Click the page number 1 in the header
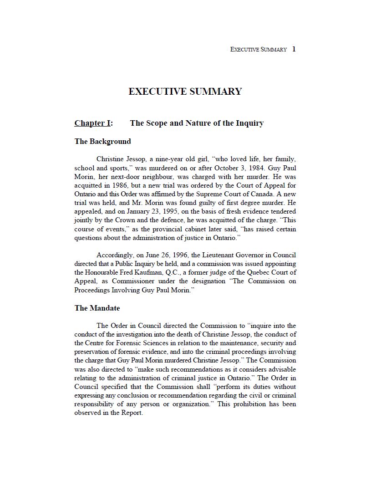(x=294, y=49)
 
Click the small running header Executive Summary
(x=259, y=49)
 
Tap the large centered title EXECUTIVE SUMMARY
(x=185, y=92)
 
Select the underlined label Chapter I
(x=93, y=123)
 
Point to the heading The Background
(x=102, y=141)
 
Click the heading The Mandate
(x=97, y=308)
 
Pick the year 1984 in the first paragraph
(x=241, y=168)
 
